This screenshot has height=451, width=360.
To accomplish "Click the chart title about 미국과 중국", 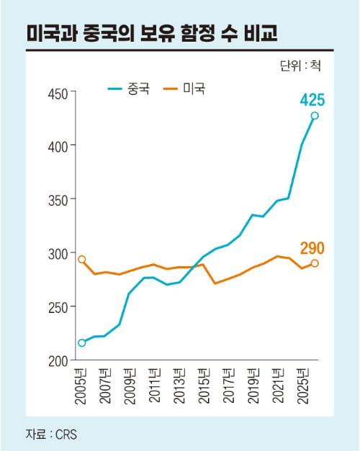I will (x=152, y=33).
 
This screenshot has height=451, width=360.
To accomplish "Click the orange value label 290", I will (x=312, y=249).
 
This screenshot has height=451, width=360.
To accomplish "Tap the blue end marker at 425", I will (x=314, y=116).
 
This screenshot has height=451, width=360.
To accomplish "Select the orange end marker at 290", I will (x=315, y=263).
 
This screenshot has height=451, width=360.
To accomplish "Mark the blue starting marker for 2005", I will (x=81, y=342).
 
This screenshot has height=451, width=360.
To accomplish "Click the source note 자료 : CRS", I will (x=51, y=434).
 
